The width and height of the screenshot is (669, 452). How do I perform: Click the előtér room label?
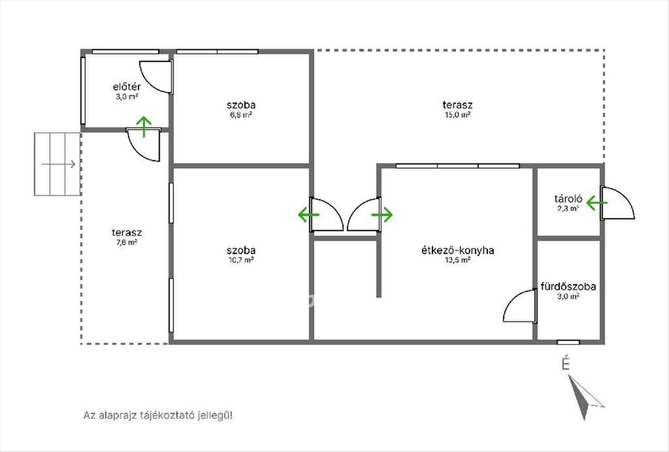[127, 87]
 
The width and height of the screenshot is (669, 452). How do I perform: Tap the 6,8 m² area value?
[241, 115]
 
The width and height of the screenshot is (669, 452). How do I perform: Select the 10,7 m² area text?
[241, 260]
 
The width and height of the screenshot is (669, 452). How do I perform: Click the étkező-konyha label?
[458, 250]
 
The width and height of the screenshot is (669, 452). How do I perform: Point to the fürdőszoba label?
[568, 286]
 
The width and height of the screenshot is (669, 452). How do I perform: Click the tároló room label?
[568, 199]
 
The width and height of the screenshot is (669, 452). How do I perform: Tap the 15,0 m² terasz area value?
[458, 115]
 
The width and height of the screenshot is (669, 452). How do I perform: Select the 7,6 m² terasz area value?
[127, 242]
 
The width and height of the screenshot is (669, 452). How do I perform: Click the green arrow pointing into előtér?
[144, 127]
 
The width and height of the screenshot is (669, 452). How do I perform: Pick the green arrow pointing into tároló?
[597, 203]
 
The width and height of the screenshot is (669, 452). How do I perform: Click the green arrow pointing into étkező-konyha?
[382, 215]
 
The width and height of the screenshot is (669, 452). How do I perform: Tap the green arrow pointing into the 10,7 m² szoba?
[308, 215]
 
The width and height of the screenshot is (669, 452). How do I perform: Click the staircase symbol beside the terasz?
[57, 164]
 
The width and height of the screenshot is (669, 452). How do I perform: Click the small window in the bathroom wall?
[568, 342]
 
